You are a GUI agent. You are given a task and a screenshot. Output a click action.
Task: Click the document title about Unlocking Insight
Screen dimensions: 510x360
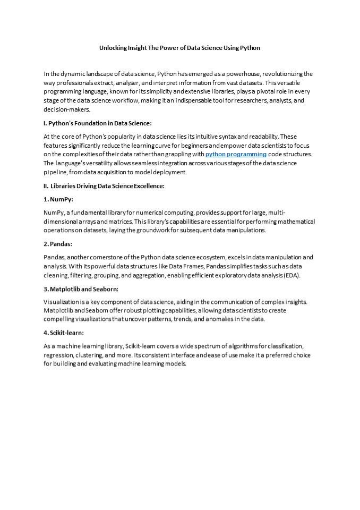pos(179,48)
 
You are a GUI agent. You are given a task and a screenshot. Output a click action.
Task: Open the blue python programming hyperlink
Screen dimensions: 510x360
pos(236,154)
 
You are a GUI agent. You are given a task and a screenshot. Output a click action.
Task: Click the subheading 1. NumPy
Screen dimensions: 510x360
pos(58,199)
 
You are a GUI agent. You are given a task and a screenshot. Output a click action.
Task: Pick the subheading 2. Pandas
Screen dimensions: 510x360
pos(58,244)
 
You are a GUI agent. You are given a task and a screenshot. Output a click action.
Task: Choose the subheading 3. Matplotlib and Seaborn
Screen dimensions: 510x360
pos(81,288)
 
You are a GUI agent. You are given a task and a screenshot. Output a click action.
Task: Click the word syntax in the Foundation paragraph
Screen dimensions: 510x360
pos(213,137)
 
